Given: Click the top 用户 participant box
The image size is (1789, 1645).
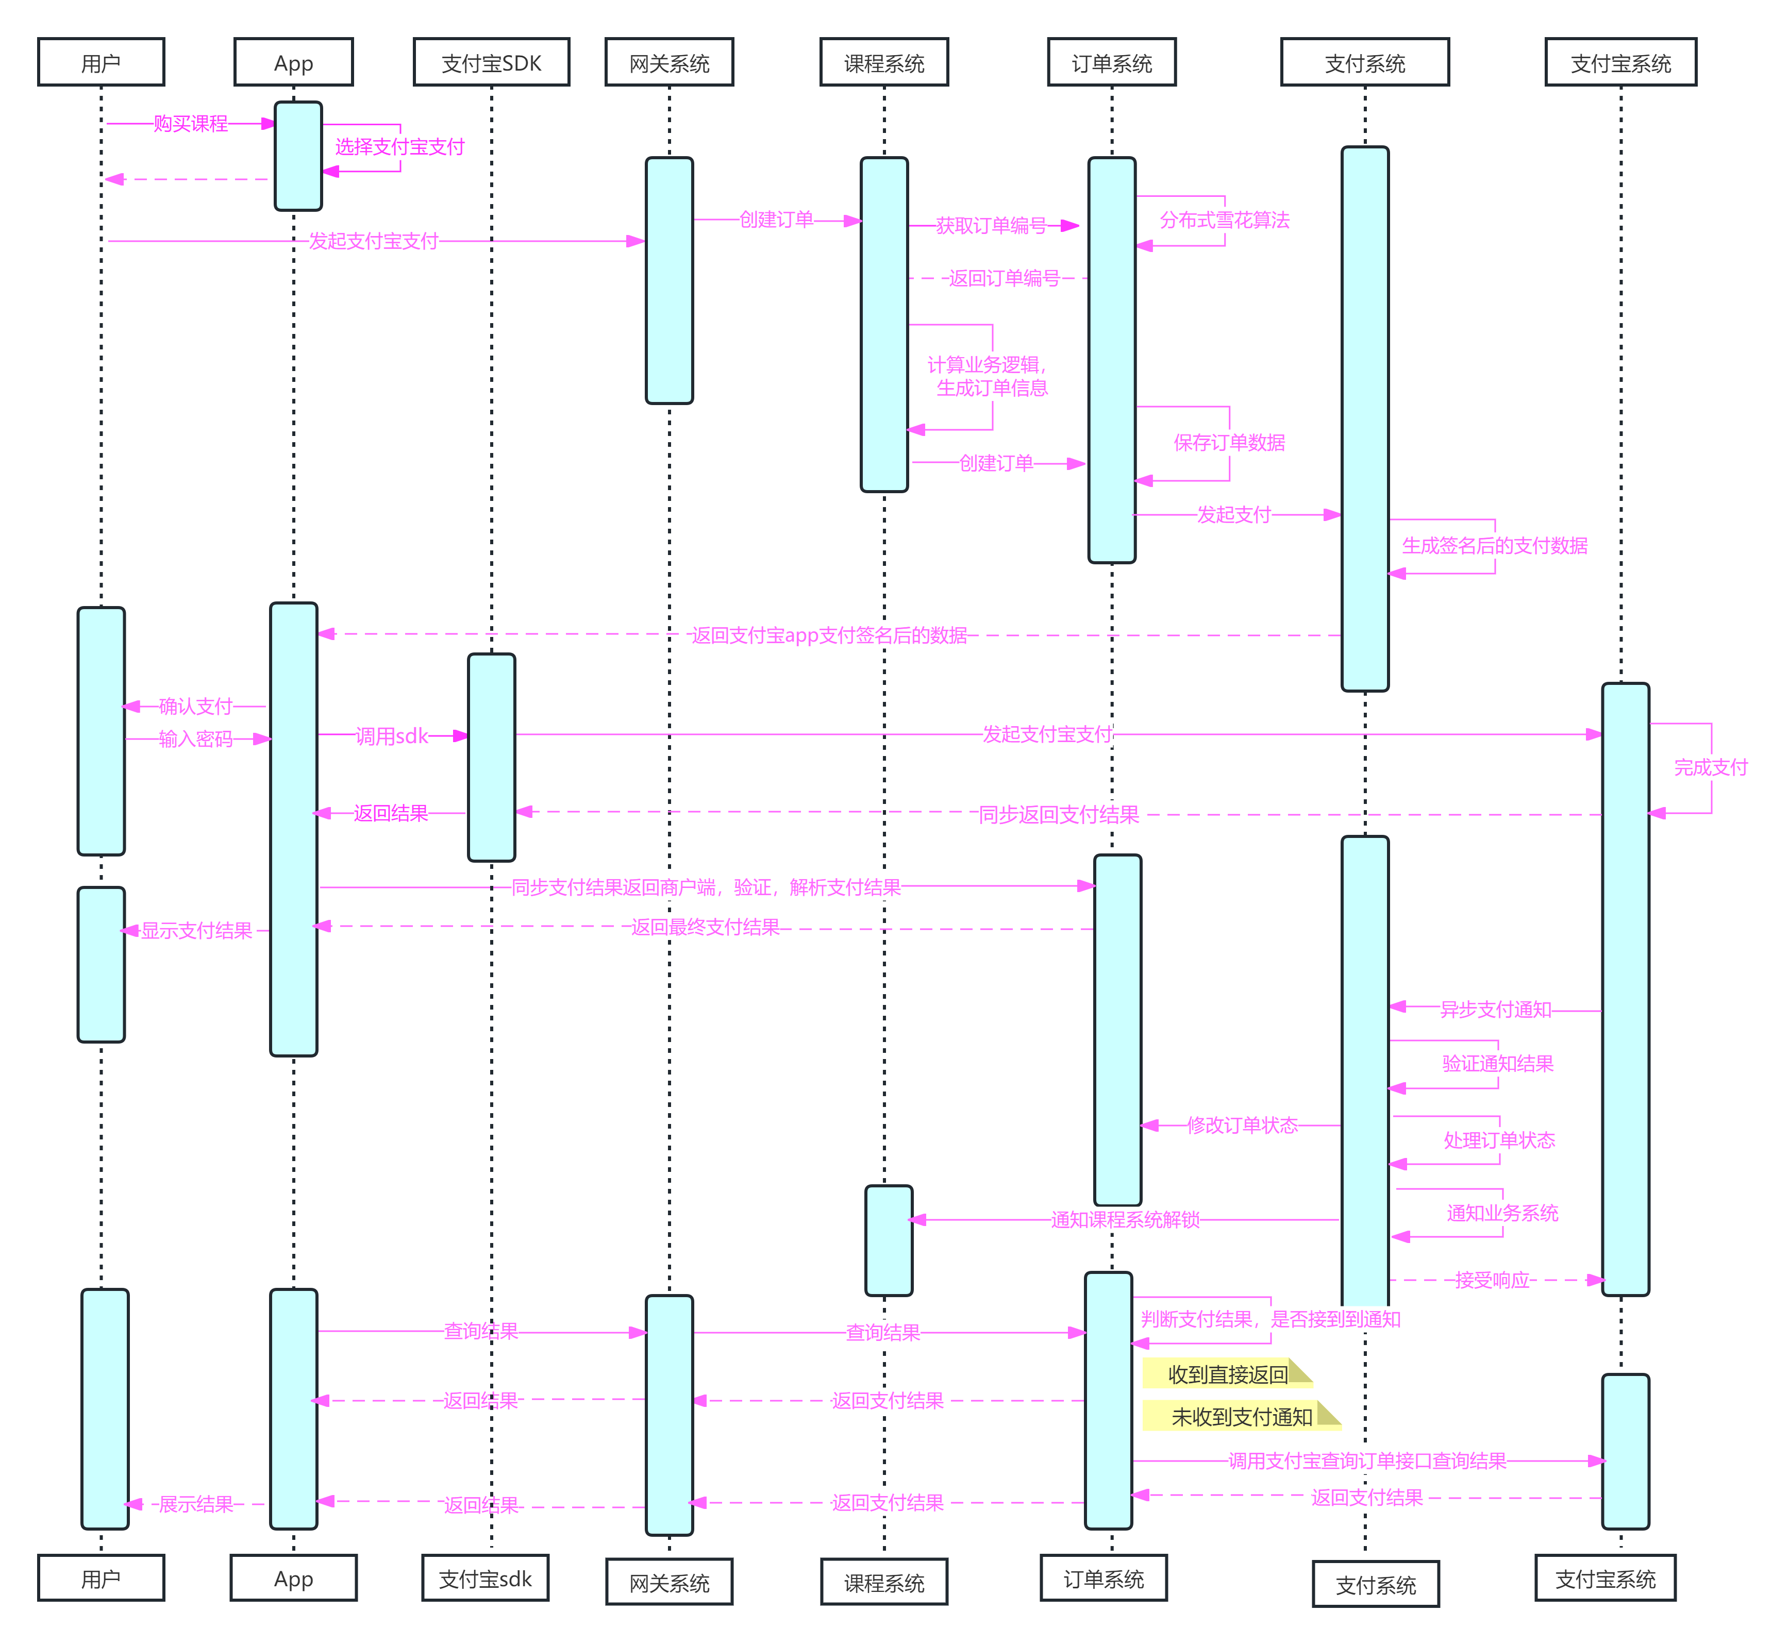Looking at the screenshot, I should (x=101, y=62).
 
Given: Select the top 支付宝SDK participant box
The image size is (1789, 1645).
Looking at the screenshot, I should (x=491, y=62).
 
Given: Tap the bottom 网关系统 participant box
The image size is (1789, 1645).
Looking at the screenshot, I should (x=670, y=1583).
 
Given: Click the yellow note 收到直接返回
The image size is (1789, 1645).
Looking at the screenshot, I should (x=1227, y=1374).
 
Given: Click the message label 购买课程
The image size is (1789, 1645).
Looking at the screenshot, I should (x=191, y=124).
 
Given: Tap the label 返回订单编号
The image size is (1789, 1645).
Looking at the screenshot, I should (x=1004, y=279).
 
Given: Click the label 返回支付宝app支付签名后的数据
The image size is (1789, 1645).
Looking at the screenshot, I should (x=829, y=635).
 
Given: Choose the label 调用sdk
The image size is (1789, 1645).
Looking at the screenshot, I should (x=392, y=736).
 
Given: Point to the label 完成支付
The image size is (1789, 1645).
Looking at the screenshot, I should (x=1711, y=767).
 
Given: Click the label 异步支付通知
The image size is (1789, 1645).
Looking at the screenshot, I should (x=1495, y=1010).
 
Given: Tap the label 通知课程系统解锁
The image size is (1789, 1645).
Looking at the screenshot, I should (x=1125, y=1219).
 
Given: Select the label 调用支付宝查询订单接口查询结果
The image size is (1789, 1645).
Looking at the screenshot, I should (x=1367, y=1461).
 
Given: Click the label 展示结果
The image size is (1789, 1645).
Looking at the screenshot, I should (x=196, y=1504).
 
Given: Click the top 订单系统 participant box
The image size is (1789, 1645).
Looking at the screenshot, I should (x=1112, y=62).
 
